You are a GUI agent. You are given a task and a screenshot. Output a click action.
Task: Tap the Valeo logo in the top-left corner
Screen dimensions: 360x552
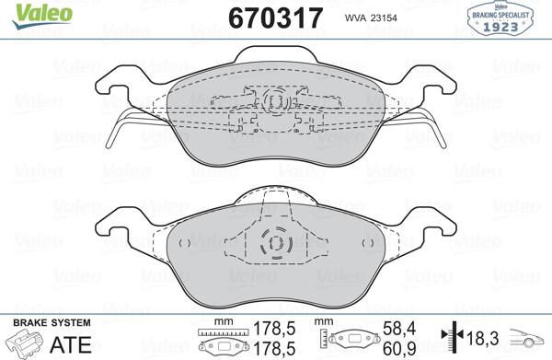(29, 11)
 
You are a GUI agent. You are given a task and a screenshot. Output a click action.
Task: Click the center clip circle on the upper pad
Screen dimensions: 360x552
(274, 103)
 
